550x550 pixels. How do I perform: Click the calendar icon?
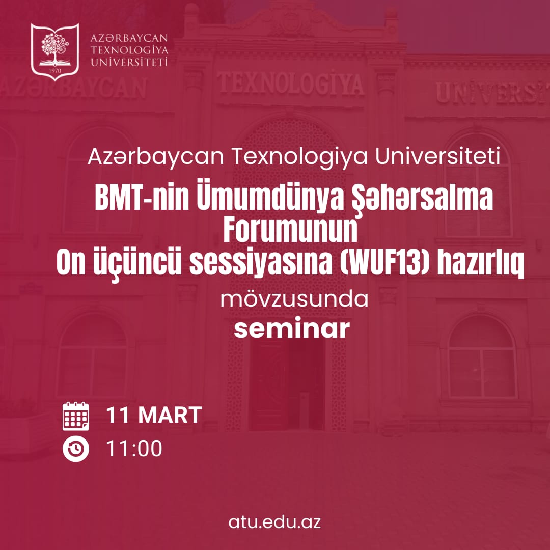pyautogui.click(x=76, y=416)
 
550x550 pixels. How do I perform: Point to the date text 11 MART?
pyautogui.click(x=154, y=416)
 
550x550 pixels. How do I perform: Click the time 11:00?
pyautogui.click(x=134, y=449)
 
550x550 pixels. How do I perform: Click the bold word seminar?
pyautogui.click(x=292, y=329)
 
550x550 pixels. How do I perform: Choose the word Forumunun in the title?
pyautogui.click(x=290, y=233)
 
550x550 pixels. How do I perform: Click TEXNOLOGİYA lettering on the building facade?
pyautogui.click(x=290, y=83)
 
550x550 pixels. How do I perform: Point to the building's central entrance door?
pyautogui.click(x=288, y=387)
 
